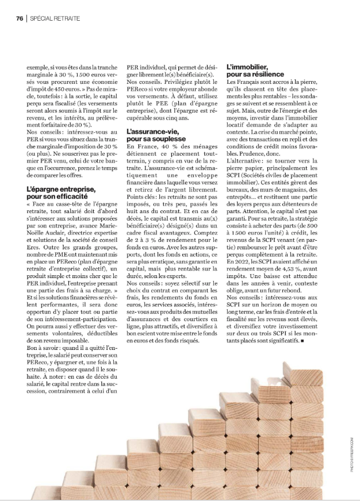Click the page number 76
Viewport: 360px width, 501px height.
[x=19, y=18]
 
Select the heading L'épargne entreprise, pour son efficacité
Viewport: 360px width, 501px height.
[x=60, y=192]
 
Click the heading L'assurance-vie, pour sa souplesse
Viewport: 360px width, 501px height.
[x=155, y=136]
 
